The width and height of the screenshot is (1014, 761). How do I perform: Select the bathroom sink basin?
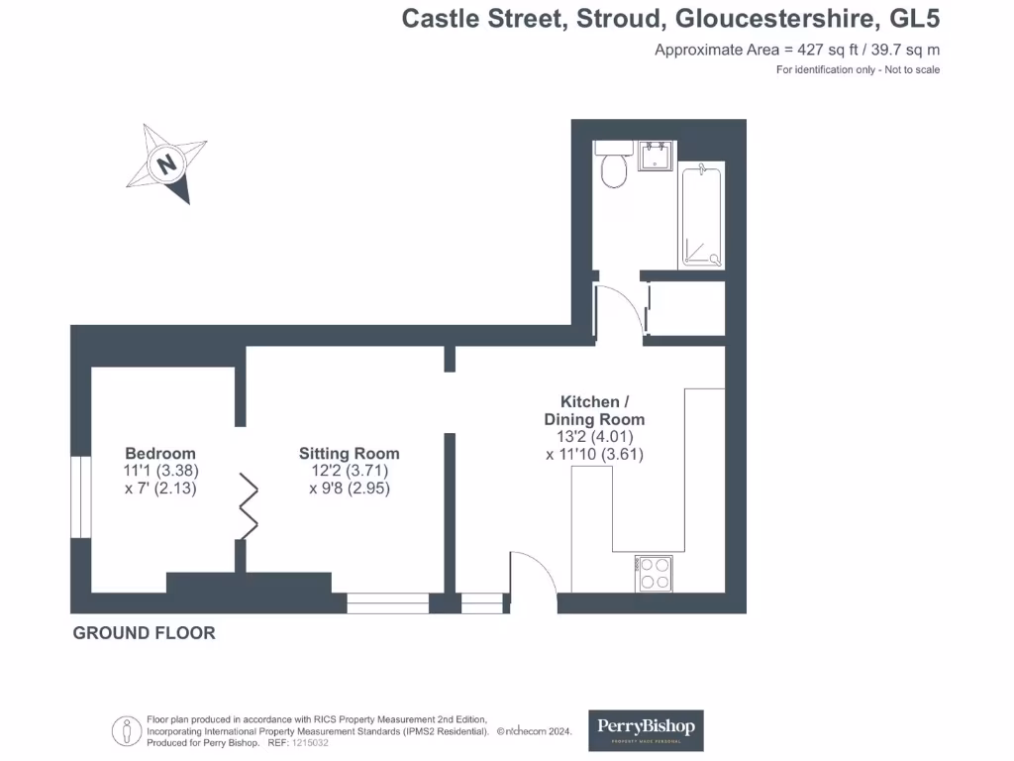click(655, 156)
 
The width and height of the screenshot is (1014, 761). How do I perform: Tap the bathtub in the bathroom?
click(702, 216)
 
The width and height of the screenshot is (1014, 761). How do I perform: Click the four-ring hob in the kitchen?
click(655, 573)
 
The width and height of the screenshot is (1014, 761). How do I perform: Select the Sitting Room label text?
click(350, 454)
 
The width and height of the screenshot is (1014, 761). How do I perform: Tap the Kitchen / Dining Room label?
click(594, 411)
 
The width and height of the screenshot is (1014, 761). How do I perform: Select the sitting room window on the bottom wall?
click(387, 602)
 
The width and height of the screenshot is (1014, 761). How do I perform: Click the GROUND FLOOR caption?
click(144, 633)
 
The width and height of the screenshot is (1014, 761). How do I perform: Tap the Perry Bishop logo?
click(647, 729)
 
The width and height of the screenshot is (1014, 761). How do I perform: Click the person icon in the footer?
click(128, 731)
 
